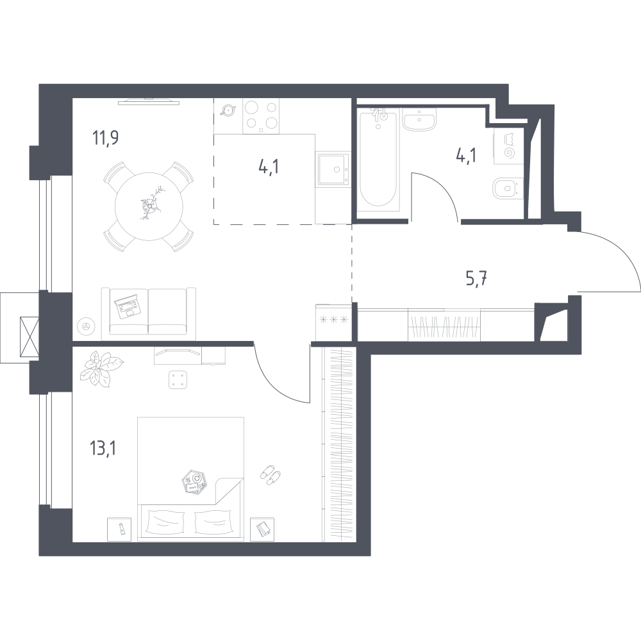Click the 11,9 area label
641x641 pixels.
106,138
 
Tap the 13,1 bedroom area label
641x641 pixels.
103,449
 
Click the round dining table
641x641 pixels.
149,206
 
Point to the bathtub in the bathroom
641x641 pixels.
378,160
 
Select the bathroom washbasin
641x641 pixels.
419,119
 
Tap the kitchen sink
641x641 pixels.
333,169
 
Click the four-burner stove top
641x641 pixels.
261,115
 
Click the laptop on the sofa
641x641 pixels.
128,306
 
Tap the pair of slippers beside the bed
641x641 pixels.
271,474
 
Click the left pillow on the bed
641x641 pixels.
164,522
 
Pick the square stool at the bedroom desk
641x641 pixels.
178,379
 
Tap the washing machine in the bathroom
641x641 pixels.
508,146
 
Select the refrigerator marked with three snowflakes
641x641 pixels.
333,322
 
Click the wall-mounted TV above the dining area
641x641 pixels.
149,101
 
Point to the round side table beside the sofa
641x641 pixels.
87,326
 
